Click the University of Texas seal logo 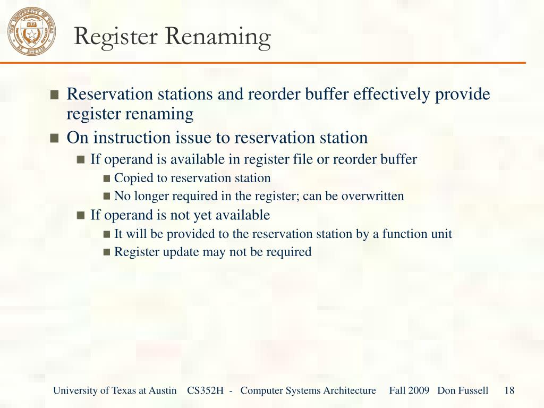tap(32, 31)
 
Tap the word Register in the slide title tap(116, 37)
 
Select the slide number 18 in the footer tap(509, 390)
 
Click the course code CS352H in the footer tap(205, 390)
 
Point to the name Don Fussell tap(463, 390)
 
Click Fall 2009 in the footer tap(409, 390)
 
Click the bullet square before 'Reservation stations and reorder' tap(54, 95)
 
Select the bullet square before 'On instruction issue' tap(54, 139)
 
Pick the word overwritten tap(372, 196)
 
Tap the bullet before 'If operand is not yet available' tap(81, 216)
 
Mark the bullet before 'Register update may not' tap(107, 252)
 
